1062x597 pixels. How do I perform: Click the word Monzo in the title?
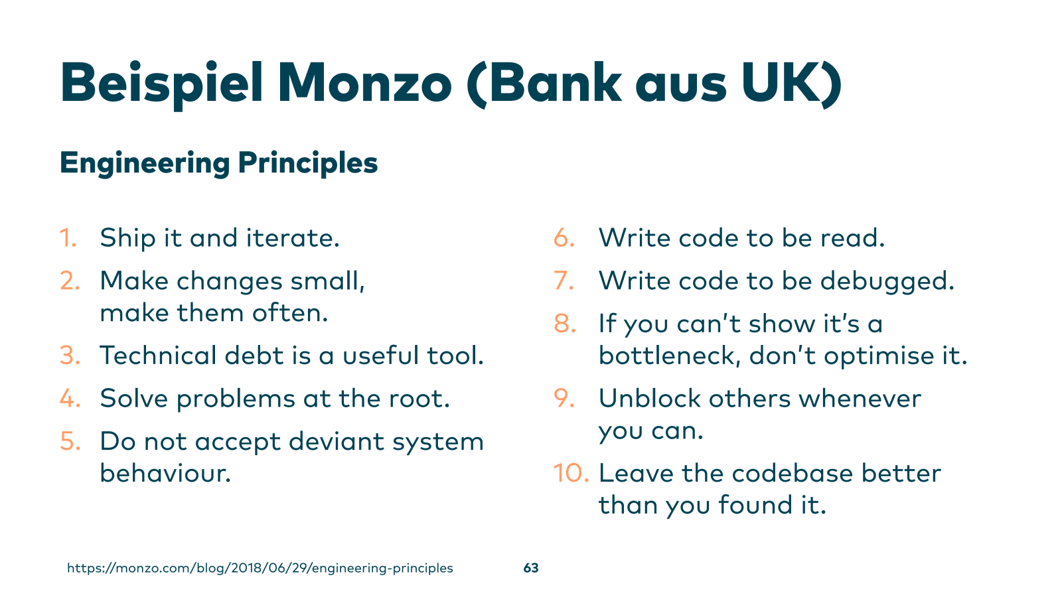pyautogui.click(x=364, y=83)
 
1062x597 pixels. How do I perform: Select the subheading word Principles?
pyautogui.click(x=308, y=164)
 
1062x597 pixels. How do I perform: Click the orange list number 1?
pyautogui.click(x=68, y=238)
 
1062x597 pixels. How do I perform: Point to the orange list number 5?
pyautogui.click(x=70, y=442)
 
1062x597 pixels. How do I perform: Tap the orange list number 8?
pyautogui.click(x=565, y=324)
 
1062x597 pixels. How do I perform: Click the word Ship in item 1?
pyautogui.click(x=127, y=238)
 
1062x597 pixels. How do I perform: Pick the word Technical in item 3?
pyautogui.click(x=158, y=356)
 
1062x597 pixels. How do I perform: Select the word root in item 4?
pyautogui.click(x=419, y=399)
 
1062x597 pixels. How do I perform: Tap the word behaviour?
pyautogui.click(x=165, y=473)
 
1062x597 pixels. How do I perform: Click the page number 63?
pyautogui.click(x=531, y=568)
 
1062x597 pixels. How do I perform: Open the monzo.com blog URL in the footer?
pyautogui.click(x=260, y=568)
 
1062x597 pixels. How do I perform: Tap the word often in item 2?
pyautogui.click(x=289, y=313)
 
